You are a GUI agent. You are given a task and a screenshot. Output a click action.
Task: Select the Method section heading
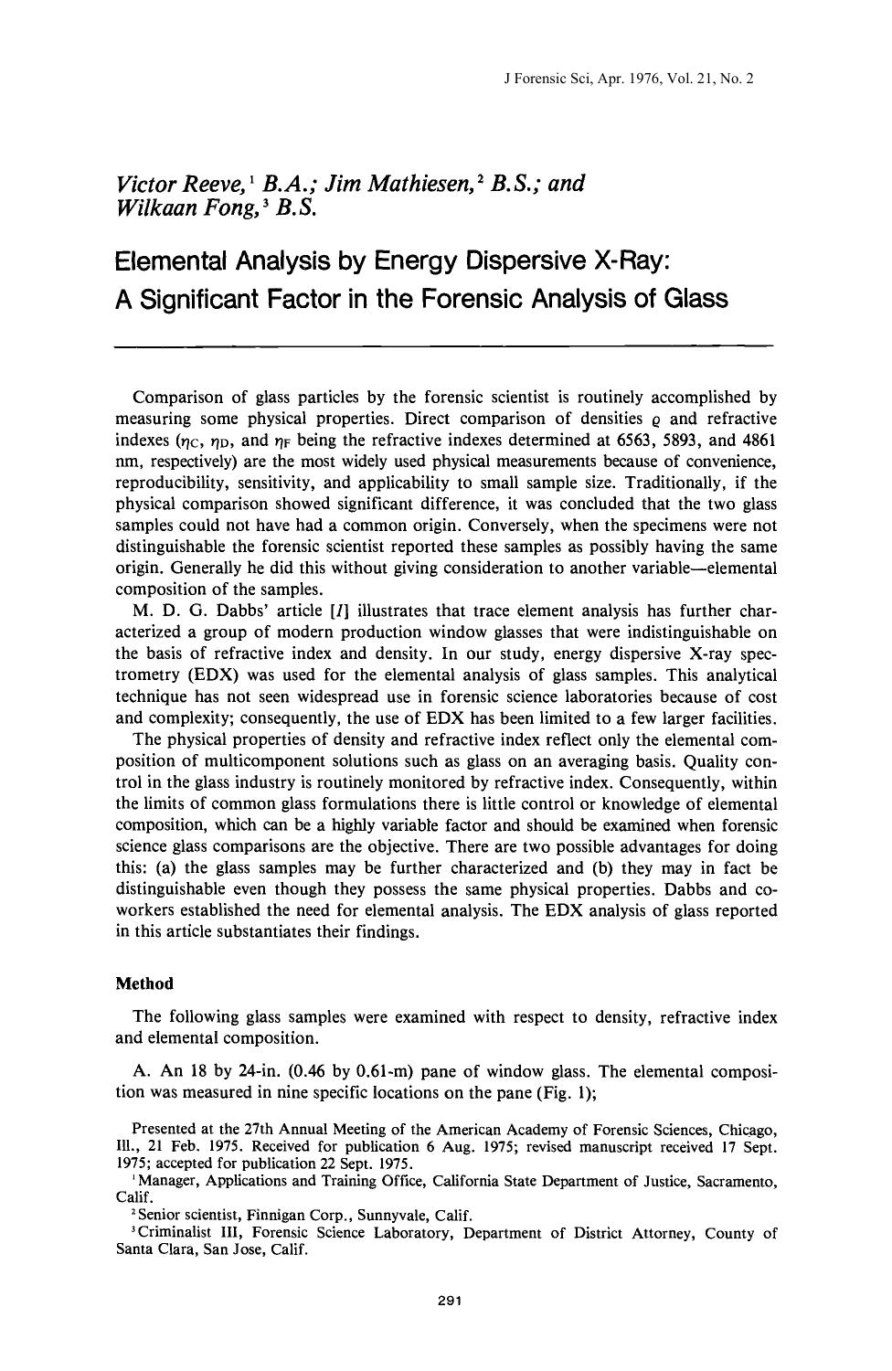(x=143, y=983)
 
